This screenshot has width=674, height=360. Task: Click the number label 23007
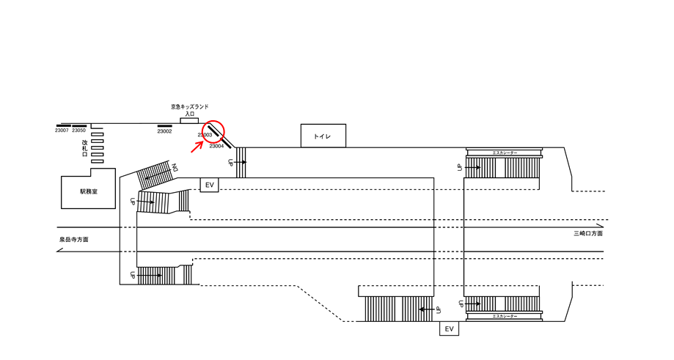click(62, 131)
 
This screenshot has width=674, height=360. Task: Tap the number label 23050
click(78, 131)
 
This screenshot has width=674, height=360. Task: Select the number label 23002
click(164, 131)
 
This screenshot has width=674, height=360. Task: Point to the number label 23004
click(216, 146)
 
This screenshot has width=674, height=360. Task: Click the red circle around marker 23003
click(213, 130)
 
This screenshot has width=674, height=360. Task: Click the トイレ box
click(323, 136)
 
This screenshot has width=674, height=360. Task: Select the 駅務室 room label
click(89, 191)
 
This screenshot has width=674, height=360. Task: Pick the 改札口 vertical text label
click(85, 149)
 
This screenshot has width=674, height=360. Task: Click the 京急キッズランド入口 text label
click(189, 110)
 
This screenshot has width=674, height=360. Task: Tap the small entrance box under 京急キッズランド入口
click(189, 120)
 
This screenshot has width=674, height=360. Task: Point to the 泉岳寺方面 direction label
click(74, 240)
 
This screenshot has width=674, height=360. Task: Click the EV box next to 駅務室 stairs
click(210, 185)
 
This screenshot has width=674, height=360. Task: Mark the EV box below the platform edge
click(450, 329)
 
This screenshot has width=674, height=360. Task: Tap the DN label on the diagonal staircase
click(175, 168)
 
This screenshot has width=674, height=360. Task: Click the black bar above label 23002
click(164, 125)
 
